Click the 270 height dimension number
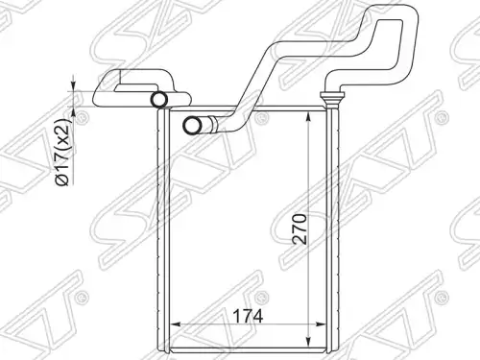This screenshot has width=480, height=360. point(300,228)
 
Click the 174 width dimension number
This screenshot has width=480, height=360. point(248,316)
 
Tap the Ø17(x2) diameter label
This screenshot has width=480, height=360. point(62,152)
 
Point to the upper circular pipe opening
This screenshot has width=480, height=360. point(159,99)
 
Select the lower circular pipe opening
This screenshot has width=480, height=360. point(191,126)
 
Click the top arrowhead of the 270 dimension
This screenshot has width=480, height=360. point(308,117)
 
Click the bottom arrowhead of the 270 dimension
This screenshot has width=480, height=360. point(308,341)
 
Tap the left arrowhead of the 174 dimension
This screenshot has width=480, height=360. point(175,324)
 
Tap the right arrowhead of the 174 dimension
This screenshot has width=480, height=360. point(321,324)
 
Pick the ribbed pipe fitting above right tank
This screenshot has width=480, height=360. point(332,100)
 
